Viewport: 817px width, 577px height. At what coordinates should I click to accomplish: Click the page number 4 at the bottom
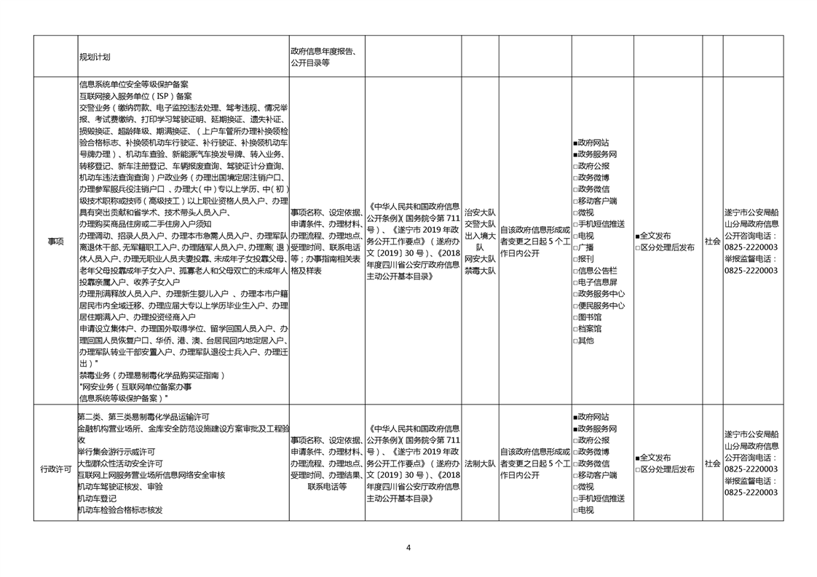[x=408, y=548]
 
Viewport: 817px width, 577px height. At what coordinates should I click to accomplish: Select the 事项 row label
[x=55, y=241]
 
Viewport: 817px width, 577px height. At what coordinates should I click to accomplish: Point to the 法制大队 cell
[x=479, y=463]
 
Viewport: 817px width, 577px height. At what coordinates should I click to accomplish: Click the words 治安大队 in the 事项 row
[x=479, y=212]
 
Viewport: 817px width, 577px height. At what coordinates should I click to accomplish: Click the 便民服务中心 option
[x=599, y=306]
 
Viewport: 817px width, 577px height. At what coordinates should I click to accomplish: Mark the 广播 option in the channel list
[x=583, y=247]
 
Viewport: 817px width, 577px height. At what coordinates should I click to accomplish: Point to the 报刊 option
[x=583, y=258]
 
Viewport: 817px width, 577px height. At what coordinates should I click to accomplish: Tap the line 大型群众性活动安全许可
[x=120, y=463]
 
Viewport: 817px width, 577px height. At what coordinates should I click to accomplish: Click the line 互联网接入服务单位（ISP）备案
[x=135, y=95]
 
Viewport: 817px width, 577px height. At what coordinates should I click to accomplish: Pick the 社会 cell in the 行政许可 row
[x=712, y=463]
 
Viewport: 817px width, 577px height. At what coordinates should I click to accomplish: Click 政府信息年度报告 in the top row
[x=323, y=52]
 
